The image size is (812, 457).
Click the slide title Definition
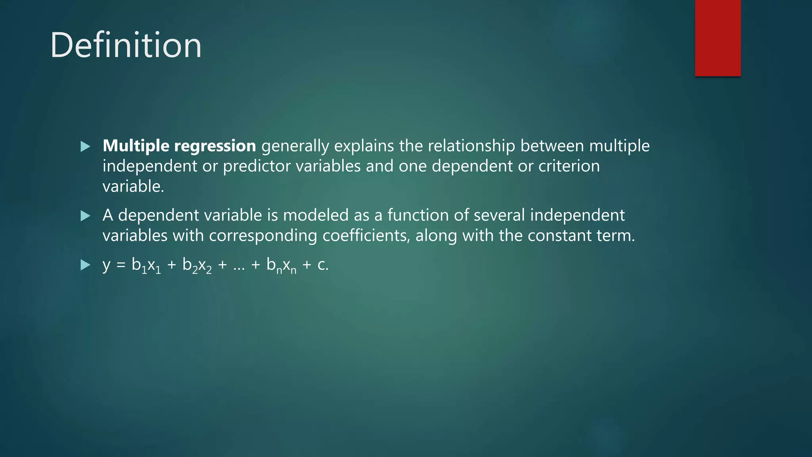coord(126,45)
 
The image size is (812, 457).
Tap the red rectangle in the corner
coord(718,38)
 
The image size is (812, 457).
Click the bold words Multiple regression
coord(179,146)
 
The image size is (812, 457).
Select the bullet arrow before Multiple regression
coord(85,147)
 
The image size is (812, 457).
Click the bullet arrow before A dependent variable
coord(85,216)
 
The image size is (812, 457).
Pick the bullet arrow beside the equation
coord(85,265)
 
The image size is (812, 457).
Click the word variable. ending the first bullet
coord(133,186)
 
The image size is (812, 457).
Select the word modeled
coord(316,215)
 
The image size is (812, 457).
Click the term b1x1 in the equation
coord(146,265)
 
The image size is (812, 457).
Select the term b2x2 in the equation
coord(197,265)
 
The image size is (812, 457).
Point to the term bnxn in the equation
coord(281,265)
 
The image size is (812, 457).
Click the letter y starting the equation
coord(106,265)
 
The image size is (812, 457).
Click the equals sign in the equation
coord(121,265)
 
